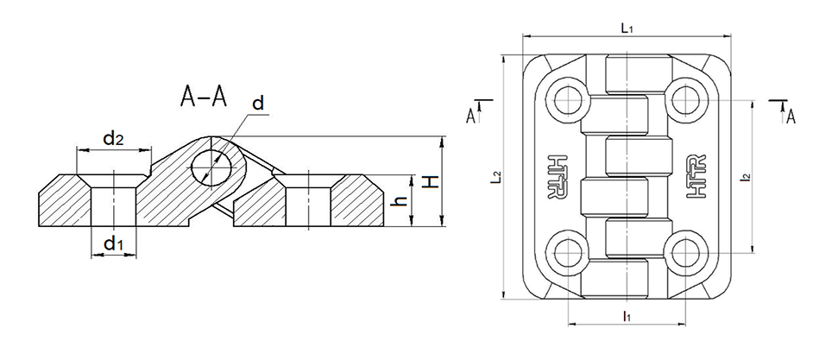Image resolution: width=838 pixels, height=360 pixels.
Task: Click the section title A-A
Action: [205, 97]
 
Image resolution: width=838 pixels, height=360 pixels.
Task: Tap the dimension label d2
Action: [113, 139]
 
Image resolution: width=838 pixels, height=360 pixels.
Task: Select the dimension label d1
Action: [113, 244]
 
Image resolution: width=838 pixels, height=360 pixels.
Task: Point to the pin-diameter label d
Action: [258, 104]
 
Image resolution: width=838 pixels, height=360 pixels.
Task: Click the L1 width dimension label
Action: [627, 28]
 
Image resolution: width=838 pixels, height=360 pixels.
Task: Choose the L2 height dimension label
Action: [496, 177]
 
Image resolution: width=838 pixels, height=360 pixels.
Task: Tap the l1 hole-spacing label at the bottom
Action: [627, 316]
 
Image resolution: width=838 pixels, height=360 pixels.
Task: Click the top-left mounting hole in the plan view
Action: [568, 100]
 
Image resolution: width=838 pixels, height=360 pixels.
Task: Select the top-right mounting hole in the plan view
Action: [685, 100]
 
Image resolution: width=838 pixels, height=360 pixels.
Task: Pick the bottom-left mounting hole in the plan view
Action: [568, 253]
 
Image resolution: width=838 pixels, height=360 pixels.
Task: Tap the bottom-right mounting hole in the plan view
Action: [685, 253]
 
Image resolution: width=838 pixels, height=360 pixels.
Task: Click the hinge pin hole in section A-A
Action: [211, 167]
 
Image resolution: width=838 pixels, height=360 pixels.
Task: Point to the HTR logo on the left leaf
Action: [558, 177]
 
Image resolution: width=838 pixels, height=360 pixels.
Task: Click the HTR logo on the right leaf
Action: [695, 177]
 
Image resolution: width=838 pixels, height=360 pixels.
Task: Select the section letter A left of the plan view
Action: [471, 116]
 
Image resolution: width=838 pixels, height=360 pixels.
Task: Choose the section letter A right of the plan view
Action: [791, 117]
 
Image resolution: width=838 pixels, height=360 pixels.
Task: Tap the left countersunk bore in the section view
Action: [113, 200]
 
